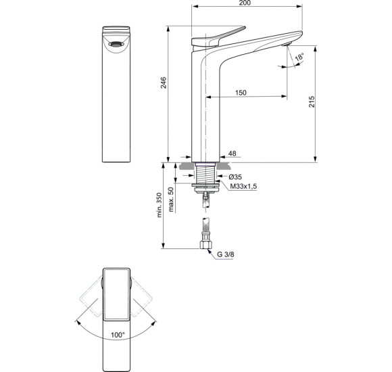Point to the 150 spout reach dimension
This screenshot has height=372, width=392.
click(x=241, y=92)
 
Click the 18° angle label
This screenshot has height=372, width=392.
click(x=298, y=58)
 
